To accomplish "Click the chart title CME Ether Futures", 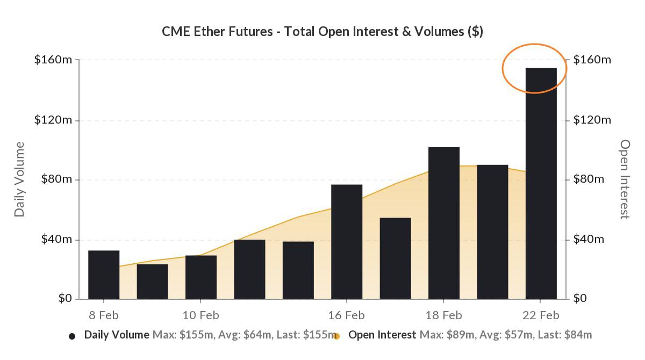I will coord(322,32).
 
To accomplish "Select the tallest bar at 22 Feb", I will coord(541,183).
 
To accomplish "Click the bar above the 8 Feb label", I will coord(104,275).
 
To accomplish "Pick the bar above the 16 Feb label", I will coord(347,242).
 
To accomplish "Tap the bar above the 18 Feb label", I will coord(444,223).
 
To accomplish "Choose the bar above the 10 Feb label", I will coord(201,277).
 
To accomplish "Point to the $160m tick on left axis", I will coord(53,60).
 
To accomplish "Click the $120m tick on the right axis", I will coord(592,120).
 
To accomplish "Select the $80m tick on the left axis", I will coord(56,179).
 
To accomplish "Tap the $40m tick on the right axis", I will coord(589,239).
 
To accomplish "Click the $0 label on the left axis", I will coord(66,299).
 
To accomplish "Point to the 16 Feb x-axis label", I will coord(347,315).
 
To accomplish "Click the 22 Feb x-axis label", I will coord(541,315).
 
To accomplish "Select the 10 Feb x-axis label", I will coord(201,315).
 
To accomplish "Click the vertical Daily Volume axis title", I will coord(20,179).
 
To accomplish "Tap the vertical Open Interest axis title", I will coord(625,179).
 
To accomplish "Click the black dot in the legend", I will coord(72,336).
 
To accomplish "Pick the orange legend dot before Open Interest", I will coord(336,336).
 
